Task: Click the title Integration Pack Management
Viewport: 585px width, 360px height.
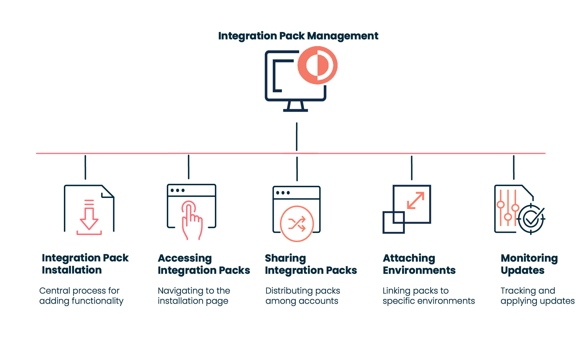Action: [x=298, y=36]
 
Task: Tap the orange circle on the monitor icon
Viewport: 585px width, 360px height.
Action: [x=317, y=65]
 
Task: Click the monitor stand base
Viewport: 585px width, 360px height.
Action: [x=295, y=110]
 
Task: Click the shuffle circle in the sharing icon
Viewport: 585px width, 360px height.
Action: [x=297, y=224]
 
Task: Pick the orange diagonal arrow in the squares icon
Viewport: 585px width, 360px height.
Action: [x=416, y=201]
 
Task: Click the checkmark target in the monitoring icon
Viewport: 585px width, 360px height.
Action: [x=531, y=219]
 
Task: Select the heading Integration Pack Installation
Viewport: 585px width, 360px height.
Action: [x=85, y=264]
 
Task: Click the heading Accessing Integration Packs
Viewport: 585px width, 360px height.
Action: [x=204, y=264]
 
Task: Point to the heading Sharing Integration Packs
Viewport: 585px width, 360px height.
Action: [x=310, y=264]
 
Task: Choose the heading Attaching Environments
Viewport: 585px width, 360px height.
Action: [x=419, y=264]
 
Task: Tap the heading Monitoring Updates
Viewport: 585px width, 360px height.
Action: [x=529, y=264]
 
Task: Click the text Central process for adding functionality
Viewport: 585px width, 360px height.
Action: [x=81, y=296]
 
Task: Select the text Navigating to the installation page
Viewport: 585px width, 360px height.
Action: [x=194, y=296]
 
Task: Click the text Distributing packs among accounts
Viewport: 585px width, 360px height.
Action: [x=302, y=296]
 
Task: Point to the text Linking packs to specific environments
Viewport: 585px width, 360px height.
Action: [x=428, y=296]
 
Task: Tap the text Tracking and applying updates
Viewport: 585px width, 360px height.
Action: [x=537, y=296]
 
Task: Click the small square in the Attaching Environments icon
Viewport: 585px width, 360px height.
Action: [x=393, y=223]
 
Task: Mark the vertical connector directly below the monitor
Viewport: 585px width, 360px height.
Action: [x=297, y=137]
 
